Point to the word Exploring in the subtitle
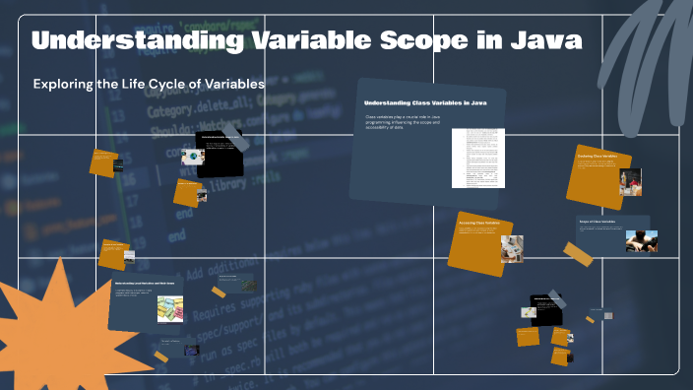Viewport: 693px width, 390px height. [64, 85]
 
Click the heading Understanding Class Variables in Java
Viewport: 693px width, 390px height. [425, 102]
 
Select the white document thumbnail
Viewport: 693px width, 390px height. [484, 158]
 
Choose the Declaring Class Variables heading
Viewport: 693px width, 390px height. [597, 156]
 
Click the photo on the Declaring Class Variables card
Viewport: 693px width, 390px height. [630, 182]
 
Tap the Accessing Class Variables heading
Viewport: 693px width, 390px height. [479, 224]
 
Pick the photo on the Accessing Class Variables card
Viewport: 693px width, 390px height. [511, 247]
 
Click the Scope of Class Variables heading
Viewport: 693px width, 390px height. [598, 223]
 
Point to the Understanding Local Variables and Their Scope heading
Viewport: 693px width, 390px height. [149, 284]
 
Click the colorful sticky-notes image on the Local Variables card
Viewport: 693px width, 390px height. [170, 308]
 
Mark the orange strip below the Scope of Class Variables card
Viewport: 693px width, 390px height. [579, 256]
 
